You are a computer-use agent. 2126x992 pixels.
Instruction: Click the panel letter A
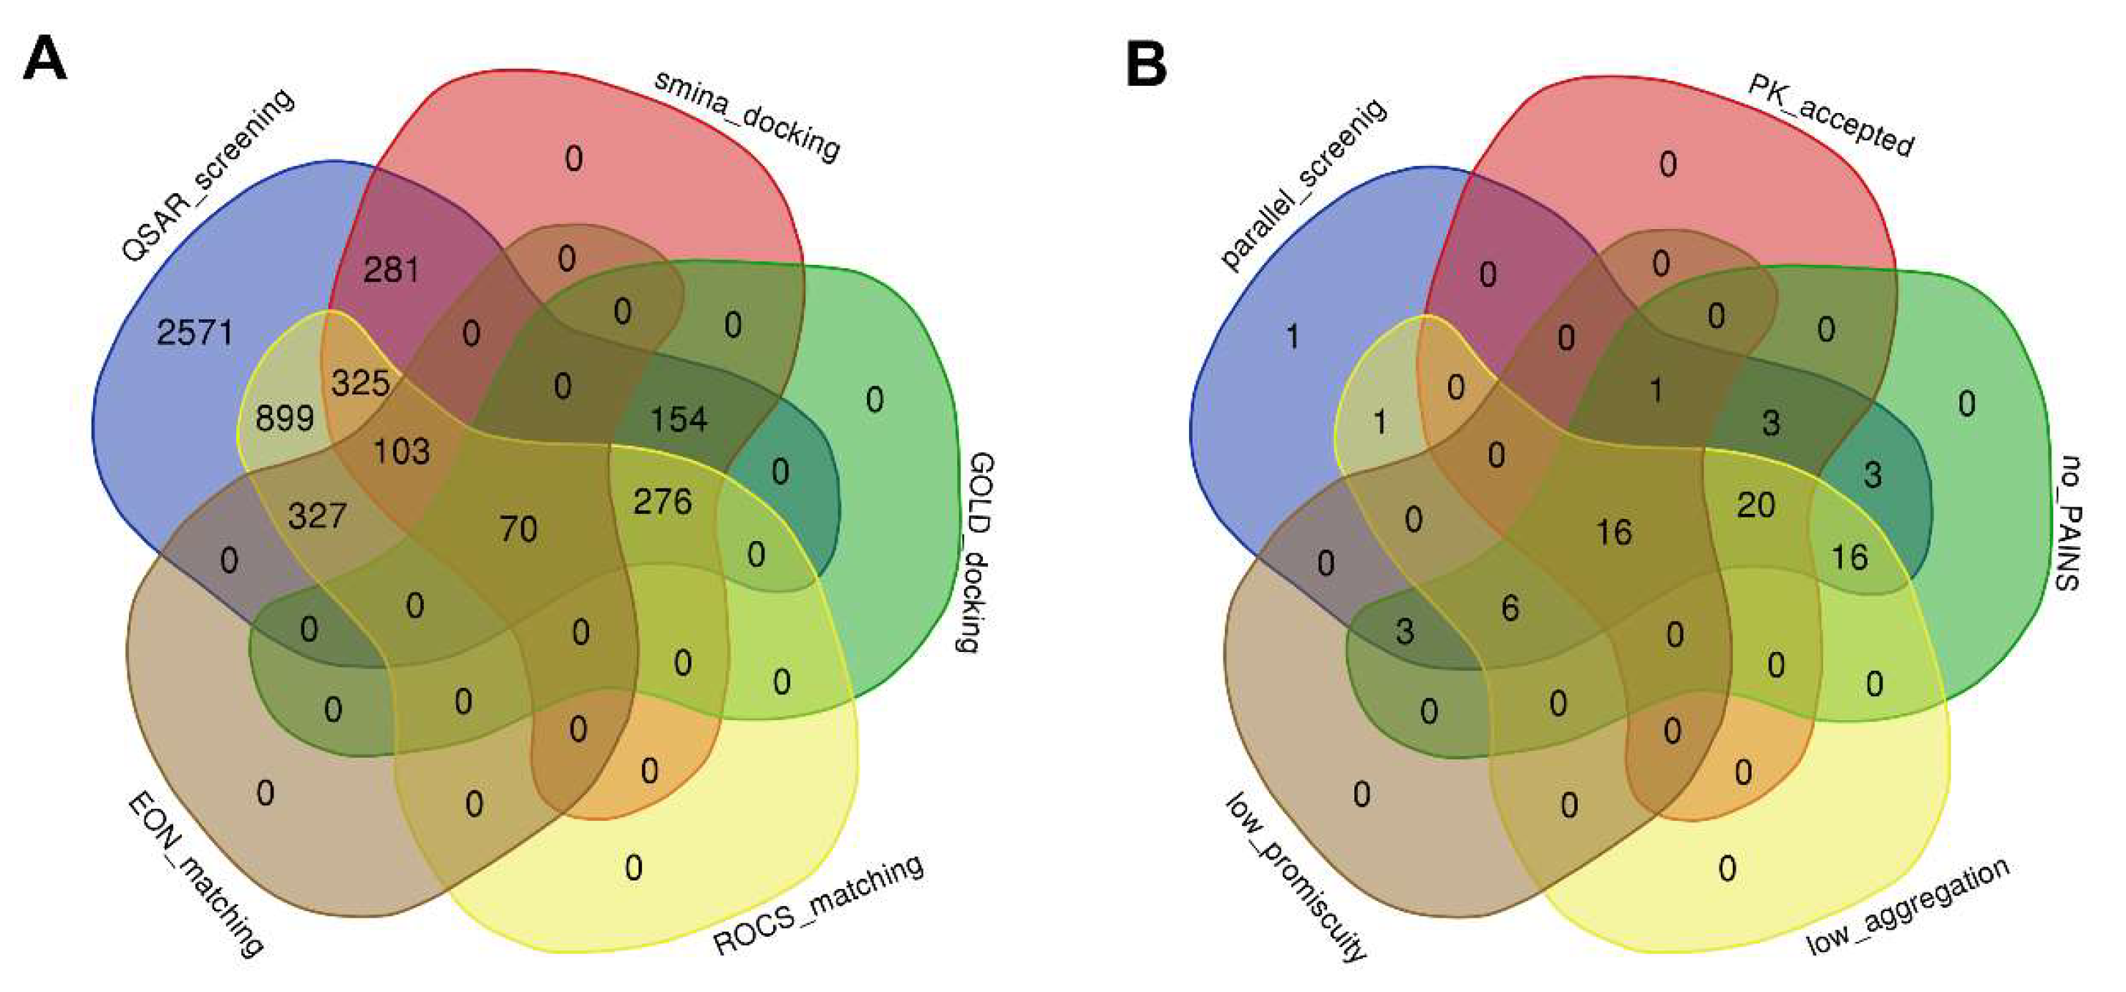[44, 60]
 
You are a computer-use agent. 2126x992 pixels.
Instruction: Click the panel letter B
[1146, 64]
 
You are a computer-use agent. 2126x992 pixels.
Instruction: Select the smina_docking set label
[746, 115]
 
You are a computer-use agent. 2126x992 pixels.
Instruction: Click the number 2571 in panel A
[195, 333]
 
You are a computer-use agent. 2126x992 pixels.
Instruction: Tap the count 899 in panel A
[284, 419]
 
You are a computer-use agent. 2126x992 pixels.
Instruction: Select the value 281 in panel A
[391, 270]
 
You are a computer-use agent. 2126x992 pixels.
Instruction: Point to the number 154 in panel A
[679, 419]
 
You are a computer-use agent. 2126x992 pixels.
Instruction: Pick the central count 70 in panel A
[518, 529]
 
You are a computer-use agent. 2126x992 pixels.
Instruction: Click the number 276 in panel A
[662, 502]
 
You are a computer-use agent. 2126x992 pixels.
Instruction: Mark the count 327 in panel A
[317, 517]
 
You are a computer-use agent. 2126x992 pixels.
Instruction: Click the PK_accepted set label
[1830, 115]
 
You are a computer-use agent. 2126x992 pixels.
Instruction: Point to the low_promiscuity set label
[1296, 877]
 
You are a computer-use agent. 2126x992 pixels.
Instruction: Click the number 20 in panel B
[1755, 505]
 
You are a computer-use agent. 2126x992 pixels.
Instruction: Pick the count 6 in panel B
[1510, 608]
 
